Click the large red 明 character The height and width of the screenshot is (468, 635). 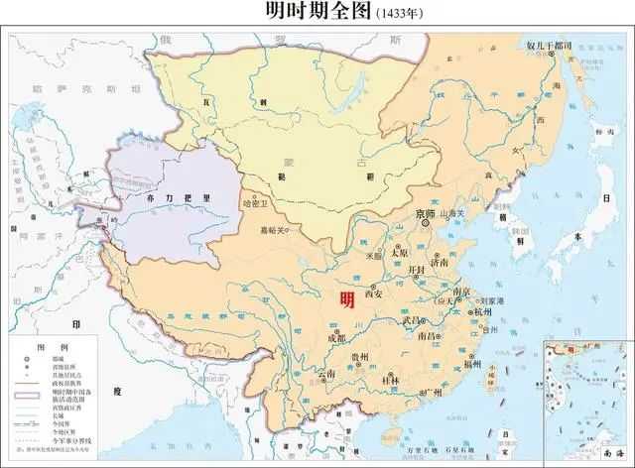tap(346, 299)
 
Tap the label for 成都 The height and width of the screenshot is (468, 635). tap(337, 338)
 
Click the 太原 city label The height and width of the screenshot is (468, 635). tap(399, 252)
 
